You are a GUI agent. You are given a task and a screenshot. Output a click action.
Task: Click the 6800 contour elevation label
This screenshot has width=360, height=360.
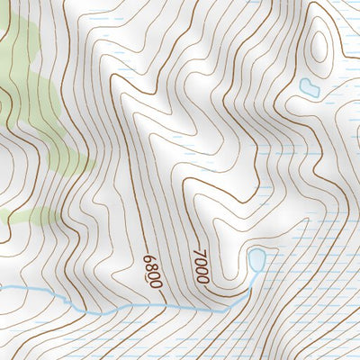click(x=152, y=271)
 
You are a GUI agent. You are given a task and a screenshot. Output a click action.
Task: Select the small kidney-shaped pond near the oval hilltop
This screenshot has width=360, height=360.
click(x=309, y=88)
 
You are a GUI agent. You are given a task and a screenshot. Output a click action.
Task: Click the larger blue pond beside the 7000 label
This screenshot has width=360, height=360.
click(x=256, y=261)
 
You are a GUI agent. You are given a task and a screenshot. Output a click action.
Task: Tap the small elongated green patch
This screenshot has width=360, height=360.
click(x=27, y=216)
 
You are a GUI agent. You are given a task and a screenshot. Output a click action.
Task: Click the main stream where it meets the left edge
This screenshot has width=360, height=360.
click(x=3, y=288)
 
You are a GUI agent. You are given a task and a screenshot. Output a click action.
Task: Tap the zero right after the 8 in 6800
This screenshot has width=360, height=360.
click(x=153, y=275)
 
